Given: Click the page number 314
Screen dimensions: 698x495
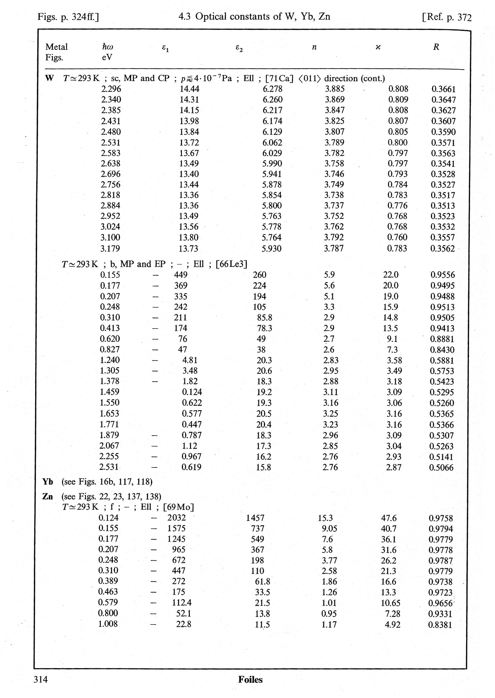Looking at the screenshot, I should (41, 679).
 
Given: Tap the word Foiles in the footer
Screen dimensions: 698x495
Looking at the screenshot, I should (250, 679).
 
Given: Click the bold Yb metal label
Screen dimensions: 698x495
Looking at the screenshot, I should (48, 482).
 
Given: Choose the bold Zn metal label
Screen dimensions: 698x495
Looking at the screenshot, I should (48, 497).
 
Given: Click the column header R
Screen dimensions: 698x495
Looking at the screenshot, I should (436, 47).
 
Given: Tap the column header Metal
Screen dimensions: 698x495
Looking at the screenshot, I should (56, 47).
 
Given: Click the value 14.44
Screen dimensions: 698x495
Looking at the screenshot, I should (189, 89).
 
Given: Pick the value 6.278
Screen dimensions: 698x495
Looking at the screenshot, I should (272, 89).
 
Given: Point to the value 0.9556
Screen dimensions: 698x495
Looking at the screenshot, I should (443, 275).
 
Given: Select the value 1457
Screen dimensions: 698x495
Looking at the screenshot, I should (255, 518).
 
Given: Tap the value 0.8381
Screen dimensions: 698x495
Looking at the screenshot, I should (440, 625).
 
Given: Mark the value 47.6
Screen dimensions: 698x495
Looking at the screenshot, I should (389, 518).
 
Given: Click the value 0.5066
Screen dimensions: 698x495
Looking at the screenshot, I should (441, 468).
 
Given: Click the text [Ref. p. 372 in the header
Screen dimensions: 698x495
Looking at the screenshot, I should (447, 17).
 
